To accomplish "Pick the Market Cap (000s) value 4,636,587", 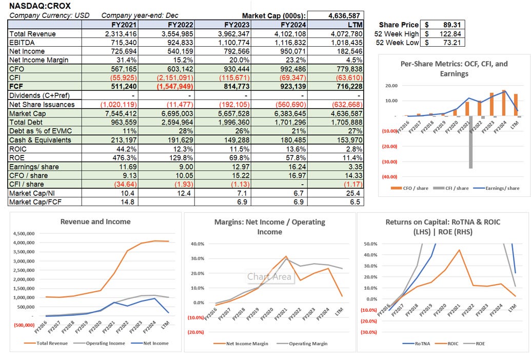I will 344,15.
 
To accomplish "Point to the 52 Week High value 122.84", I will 446,33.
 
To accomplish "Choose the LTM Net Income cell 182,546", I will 347,51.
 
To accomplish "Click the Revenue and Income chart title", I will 95,222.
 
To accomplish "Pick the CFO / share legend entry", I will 414,188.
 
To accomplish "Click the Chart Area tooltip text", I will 269,277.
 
